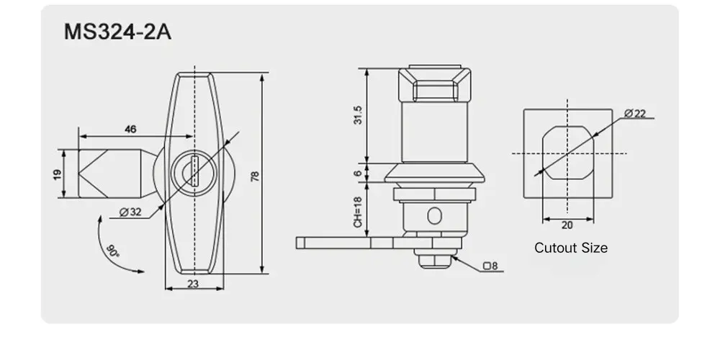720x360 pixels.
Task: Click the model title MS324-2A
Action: point(118,33)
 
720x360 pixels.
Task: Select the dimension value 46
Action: point(130,129)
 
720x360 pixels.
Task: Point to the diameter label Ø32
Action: point(130,212)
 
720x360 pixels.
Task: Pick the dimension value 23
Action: point(192,284)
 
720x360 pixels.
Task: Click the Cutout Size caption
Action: point(570,248)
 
